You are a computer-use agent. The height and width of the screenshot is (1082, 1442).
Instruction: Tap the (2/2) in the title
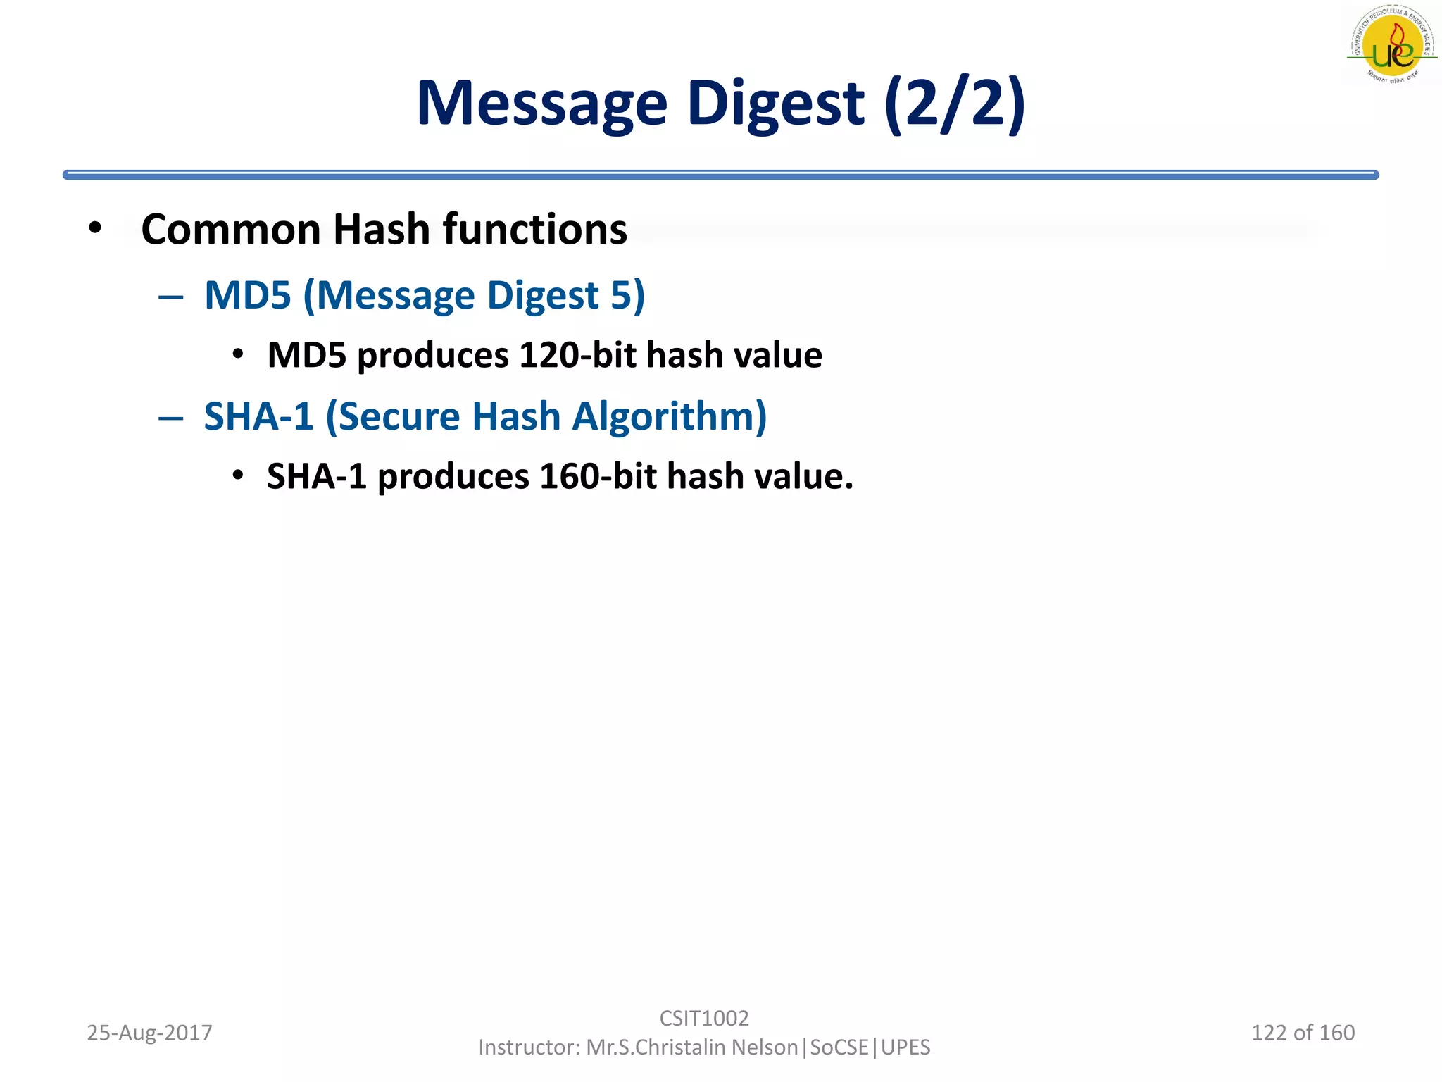955,104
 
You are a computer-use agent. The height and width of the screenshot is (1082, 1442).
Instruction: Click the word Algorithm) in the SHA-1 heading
669,416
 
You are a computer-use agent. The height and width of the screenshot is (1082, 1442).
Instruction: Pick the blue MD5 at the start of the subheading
247,295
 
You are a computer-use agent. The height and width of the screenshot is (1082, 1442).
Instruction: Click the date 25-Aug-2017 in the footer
149,1033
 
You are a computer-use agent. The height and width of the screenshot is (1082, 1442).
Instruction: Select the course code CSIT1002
704,1018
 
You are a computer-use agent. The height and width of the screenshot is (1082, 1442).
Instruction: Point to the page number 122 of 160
1303,1033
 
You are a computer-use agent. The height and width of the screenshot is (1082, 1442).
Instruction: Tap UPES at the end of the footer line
905,1047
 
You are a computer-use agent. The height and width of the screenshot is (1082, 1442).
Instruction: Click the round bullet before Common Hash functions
96,228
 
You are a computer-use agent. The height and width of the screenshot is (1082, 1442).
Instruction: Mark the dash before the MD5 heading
171,297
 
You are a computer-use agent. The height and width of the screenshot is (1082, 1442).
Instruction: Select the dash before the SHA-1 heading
171,418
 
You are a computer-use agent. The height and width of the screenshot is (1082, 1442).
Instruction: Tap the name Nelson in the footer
765,1047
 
